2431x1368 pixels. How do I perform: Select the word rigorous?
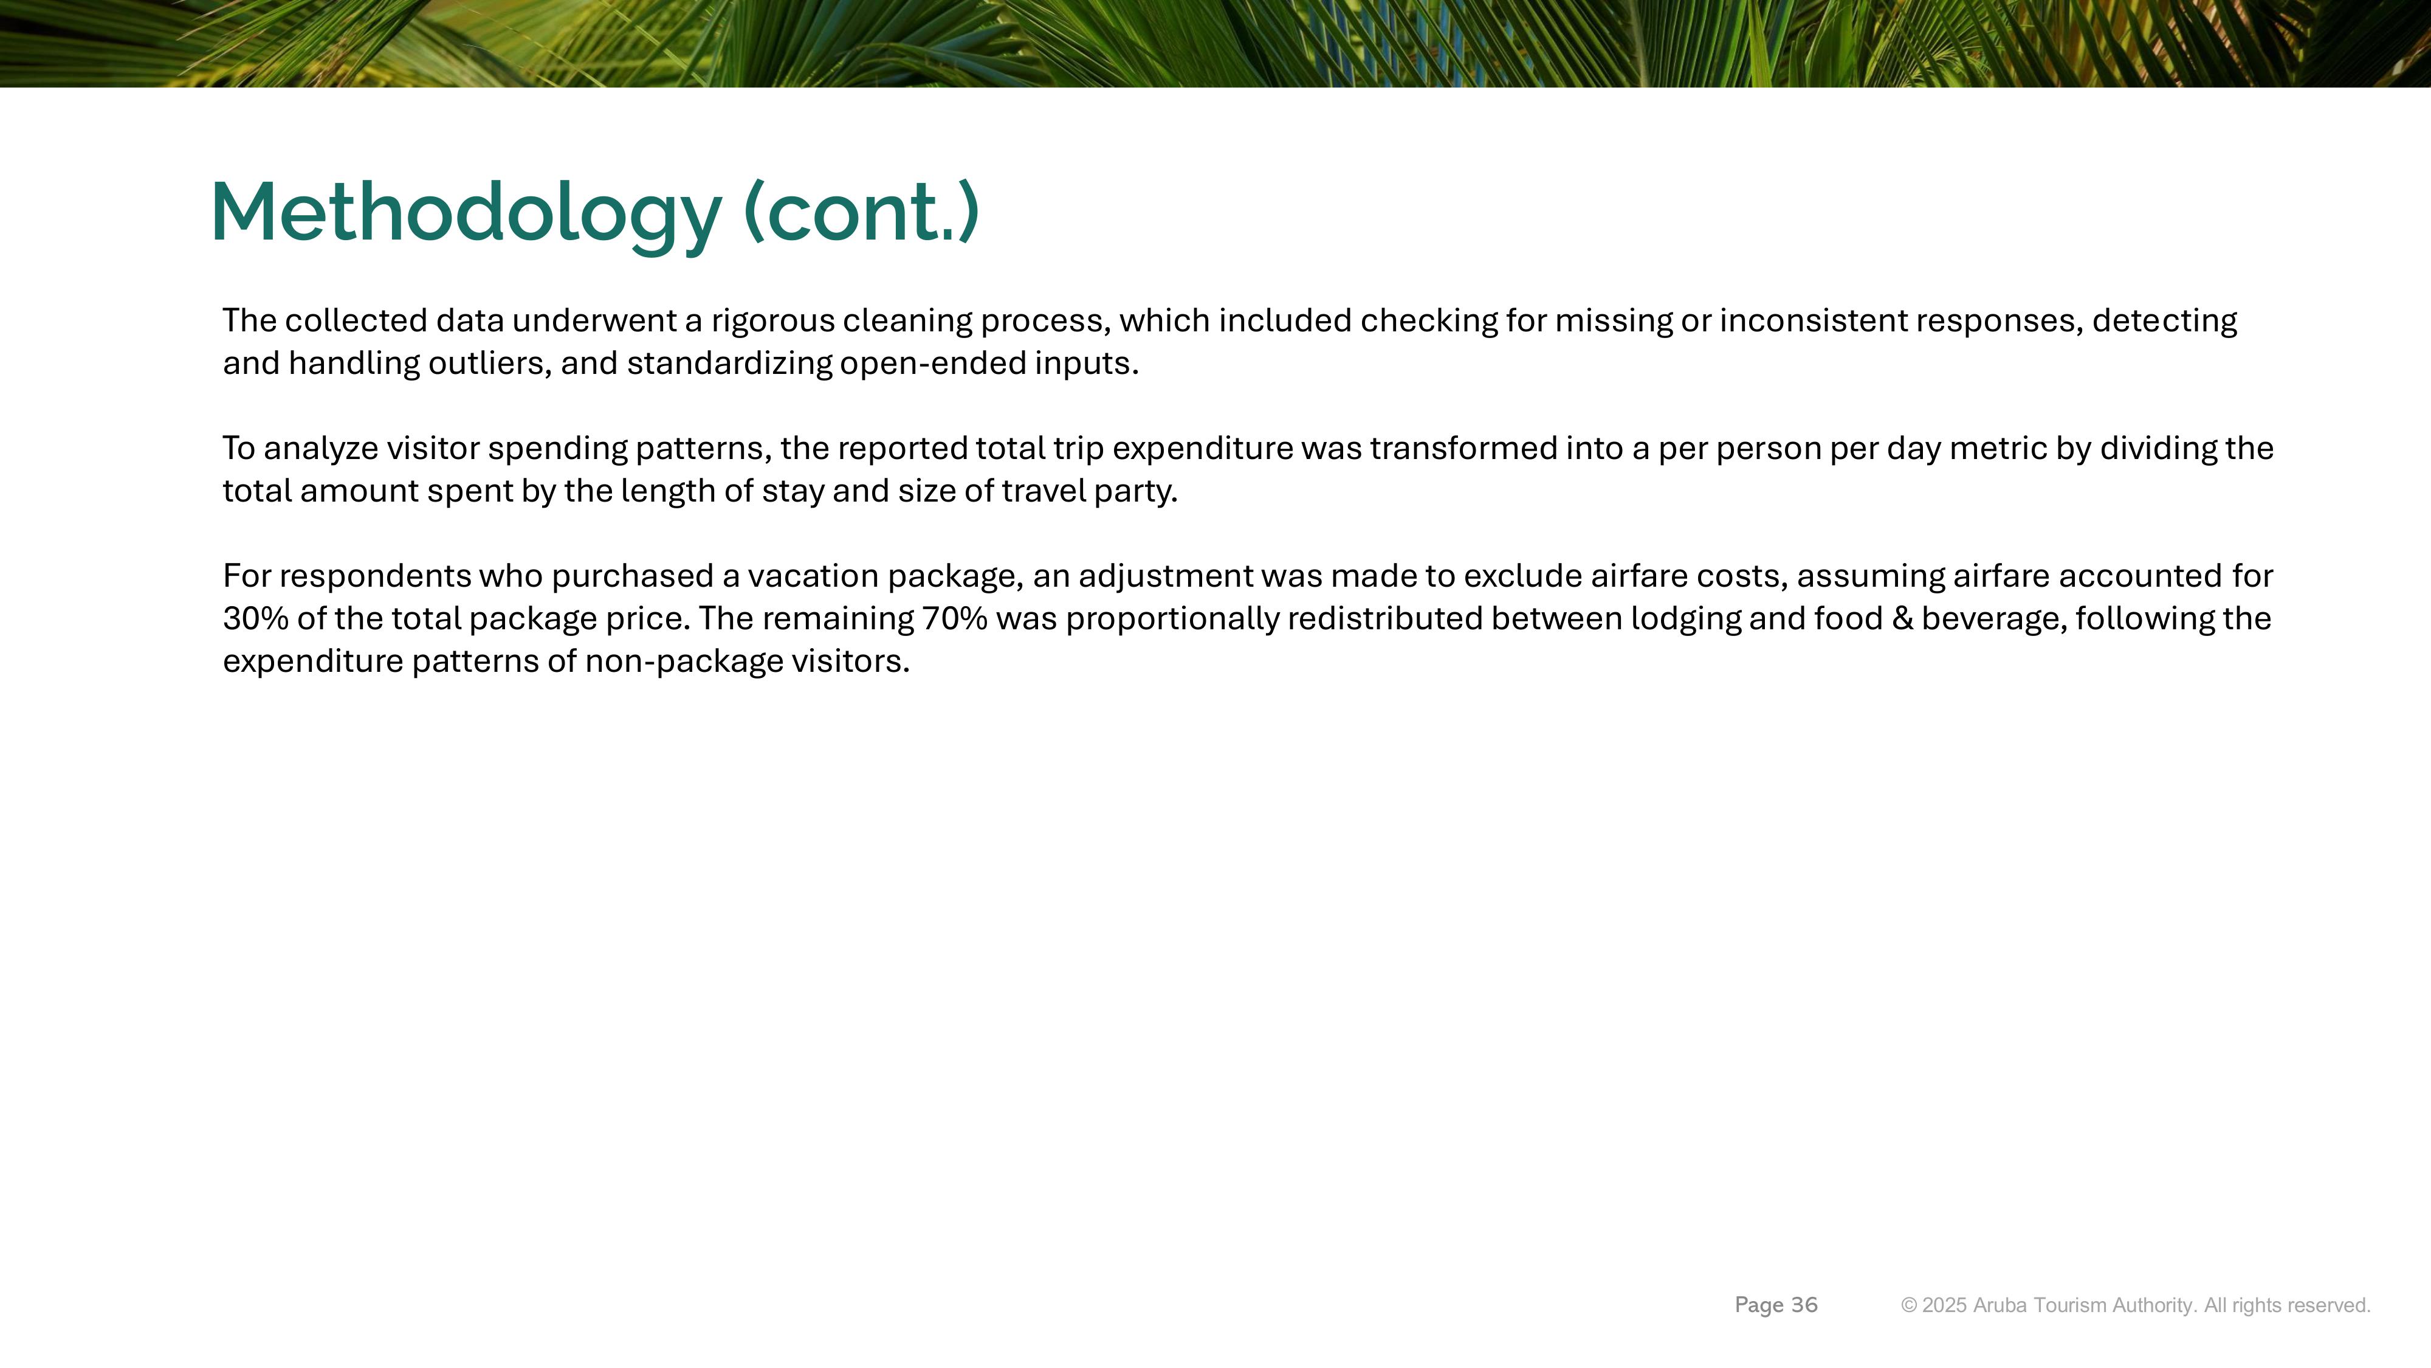pos(773,322)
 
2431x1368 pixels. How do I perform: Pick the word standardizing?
pos(729,364)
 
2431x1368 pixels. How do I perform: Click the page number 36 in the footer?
pos(1804,1305)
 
